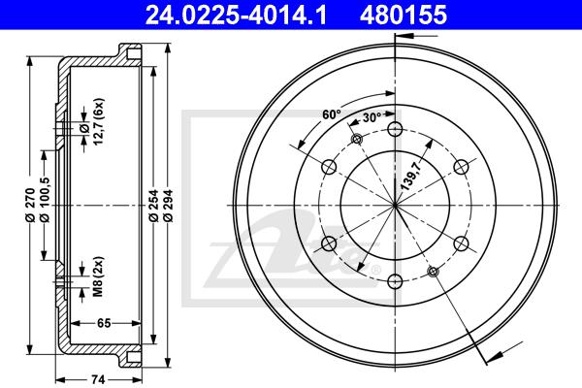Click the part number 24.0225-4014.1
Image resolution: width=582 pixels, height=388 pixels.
[x=236, y=15]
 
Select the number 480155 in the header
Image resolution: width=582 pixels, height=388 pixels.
[x=404, y=15]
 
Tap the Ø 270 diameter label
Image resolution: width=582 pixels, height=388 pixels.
[x=30, y=205]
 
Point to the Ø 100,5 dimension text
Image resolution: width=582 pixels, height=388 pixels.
[x=45, y=200]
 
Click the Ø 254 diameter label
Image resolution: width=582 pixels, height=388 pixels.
[x=153, y=206]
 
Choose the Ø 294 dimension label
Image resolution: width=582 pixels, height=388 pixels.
[x=168, y=206]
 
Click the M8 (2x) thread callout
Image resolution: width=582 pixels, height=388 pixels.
[x=98, y=276]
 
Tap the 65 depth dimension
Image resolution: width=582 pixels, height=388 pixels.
[x=104, y=323]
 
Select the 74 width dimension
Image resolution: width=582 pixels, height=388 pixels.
[x=98, y=379]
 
